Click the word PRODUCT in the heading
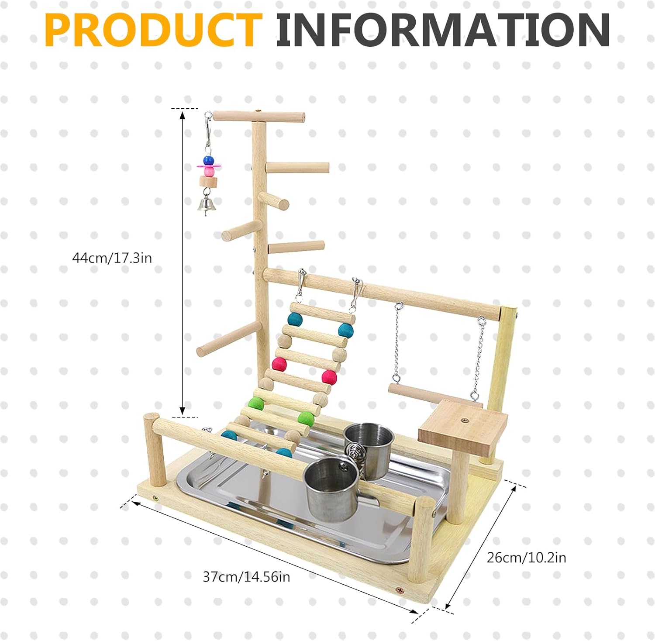[153, 30]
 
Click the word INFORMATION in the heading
[443, 30]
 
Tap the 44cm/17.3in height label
[112, 258]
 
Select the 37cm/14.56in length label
[246, 577]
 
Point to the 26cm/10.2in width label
[526, 558]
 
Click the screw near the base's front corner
[399, 590]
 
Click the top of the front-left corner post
[152, 417]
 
